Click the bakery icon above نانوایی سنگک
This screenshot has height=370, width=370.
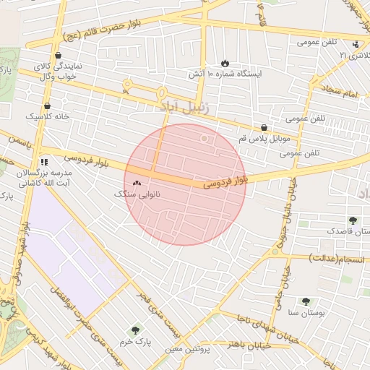[137, 183]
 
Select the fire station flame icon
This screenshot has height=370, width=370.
[225, 63]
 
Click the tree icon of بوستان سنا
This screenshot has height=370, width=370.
[307, 301]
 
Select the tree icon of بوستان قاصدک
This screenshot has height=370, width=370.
[353, 220]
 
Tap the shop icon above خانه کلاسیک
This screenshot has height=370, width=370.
[47, 106]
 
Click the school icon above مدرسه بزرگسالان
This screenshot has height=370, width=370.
[44, 163]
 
